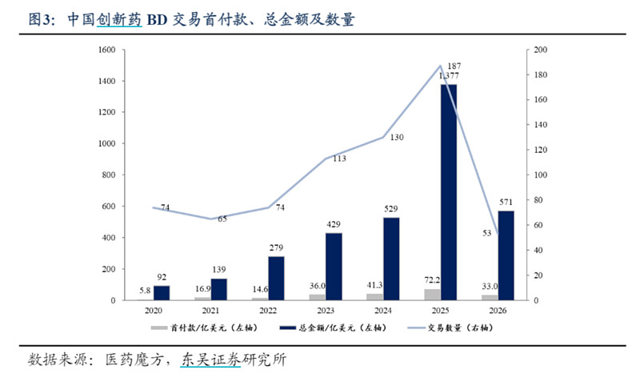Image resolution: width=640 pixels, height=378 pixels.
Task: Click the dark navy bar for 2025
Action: [x=448, y=192]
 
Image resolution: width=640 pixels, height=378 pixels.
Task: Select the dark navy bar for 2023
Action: [x=333, y=267]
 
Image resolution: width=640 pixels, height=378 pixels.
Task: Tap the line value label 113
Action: [x=338, y=159]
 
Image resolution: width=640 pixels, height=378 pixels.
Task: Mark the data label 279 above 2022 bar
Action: [x=277, y=249]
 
